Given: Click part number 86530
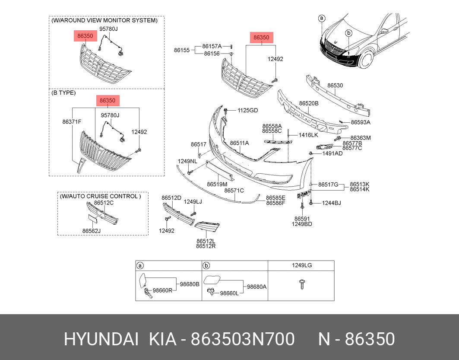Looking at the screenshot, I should point(335,86).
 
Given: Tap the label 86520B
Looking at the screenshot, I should point(309,104).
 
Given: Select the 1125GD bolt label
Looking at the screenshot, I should point(248,111).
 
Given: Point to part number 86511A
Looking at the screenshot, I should point(239,143).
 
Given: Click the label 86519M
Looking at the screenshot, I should point(217,184).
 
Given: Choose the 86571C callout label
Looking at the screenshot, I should point(234,191).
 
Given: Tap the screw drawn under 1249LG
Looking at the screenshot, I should point(301,284).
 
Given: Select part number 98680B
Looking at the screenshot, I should point(190,284).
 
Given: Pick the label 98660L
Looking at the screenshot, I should point(229,293).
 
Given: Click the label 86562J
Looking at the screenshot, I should point(92,231).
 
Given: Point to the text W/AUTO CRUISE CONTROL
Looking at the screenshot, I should point(100,196).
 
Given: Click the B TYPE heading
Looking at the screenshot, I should point(63,92).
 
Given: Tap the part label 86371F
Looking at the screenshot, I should point(72,122).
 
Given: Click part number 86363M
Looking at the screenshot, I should point(361,138).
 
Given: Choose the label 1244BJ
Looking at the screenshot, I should point(331,203).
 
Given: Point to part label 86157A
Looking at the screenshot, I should point(212,46).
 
